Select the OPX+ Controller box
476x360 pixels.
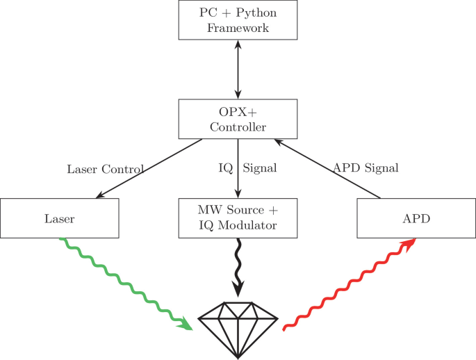click(x=238, y=118)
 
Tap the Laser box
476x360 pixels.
click(x=60, y=218)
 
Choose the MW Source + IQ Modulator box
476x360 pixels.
click(x=238, y=218)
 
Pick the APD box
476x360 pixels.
click(x=416, y=218)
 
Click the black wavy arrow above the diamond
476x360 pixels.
click(x=238, y=264)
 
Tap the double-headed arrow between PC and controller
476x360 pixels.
click(x=238, y=69)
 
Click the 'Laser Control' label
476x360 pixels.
click(x=105, y=169)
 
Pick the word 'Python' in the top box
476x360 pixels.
click(x=252, y=13)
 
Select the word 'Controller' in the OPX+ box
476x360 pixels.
click(x=238, y=126)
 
